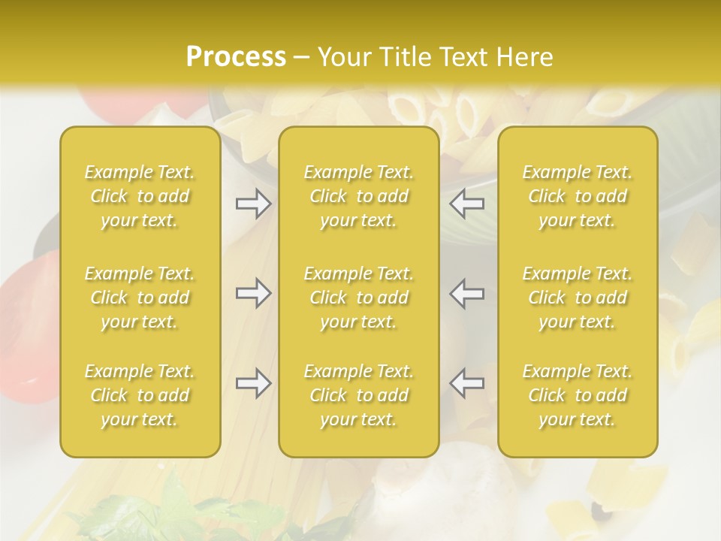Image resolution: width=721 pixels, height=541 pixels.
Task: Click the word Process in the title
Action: pyautogui.click(x=235, y=57)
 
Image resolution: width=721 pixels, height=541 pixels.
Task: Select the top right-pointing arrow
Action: pyautogui.click(x=253, y=203)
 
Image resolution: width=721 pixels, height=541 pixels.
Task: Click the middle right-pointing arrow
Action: pyautogui.click(x=253, y=293)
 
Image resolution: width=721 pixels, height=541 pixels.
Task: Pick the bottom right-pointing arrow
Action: pyautogui.click(x=253, y=383)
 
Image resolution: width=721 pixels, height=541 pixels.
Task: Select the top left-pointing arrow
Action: pyautogui.click(x=467, y=203)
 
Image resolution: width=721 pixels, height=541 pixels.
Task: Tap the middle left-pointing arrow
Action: pyautogui.click(x=467, y=293)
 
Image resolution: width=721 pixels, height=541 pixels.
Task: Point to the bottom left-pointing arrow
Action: pyautogui.click(x=467, y=383)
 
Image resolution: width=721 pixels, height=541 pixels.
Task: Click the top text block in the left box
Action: pyautogui.click(x=140, y=196)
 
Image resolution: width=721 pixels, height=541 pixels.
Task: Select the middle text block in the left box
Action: pyautogui.click(x=140, y=298)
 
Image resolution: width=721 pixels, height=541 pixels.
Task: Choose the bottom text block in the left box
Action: pyautogui.click(x=140, y=395)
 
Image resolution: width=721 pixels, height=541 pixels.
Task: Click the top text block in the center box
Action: pyautogui.click(x=359, y=196)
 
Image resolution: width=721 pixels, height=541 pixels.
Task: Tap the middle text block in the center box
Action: pyautogui.click(x=359, y=298)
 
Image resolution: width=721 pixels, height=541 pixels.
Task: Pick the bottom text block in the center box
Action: pyautogui.click(x=359, y=395)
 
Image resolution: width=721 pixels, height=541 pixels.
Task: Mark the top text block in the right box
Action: pyautogui.click(x=578, y=196)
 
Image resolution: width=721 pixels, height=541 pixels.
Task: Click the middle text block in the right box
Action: pyautogui.click(x=578, y=298)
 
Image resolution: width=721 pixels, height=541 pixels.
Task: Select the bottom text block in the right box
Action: pyautogui.click(x=578, y=395)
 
